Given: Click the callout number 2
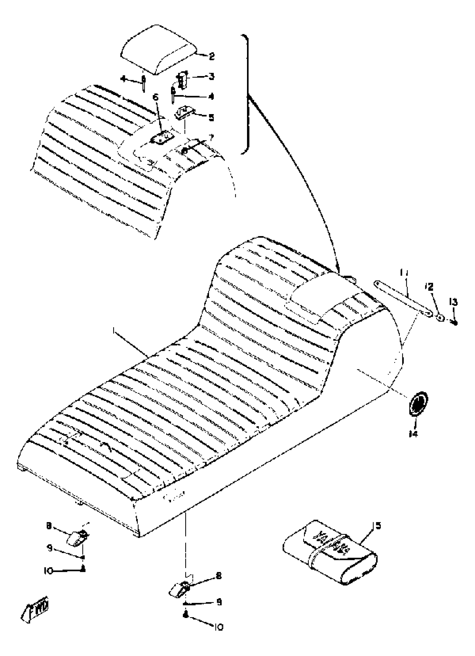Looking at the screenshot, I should pyautogui.click(x=212, y=56).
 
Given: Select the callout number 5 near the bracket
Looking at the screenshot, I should pyautogui.click(x=211, y=117).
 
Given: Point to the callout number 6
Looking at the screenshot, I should pyautogui.click(x=156, y=97).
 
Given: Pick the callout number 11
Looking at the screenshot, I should pyautogui.click(x=403, y=273).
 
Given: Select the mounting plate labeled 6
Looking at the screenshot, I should pyautogui.click(x=162, y=137).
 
